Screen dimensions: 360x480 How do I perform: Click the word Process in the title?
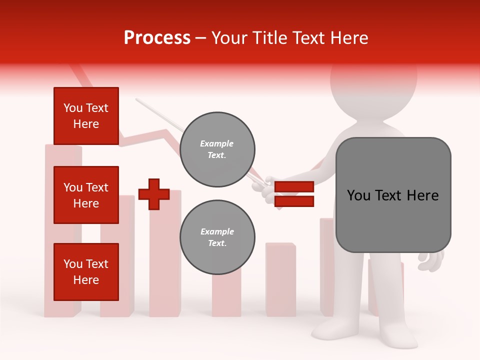[157, 38]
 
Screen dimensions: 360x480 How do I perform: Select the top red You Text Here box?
[86, 116]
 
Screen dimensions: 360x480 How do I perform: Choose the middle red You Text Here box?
[86, 195]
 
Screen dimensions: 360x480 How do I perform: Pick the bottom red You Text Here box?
[86, 272]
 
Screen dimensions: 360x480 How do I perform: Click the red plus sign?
[154, 194]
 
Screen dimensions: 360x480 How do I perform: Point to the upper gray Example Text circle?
[217, 149]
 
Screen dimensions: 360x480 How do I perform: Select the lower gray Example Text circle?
[217, 237]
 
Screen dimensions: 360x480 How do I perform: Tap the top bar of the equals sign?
[294, 187]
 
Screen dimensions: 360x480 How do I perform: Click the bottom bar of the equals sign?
[294, 201]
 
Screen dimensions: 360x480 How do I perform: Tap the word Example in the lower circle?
[217, 232]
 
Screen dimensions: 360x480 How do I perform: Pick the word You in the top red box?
[73, 108]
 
